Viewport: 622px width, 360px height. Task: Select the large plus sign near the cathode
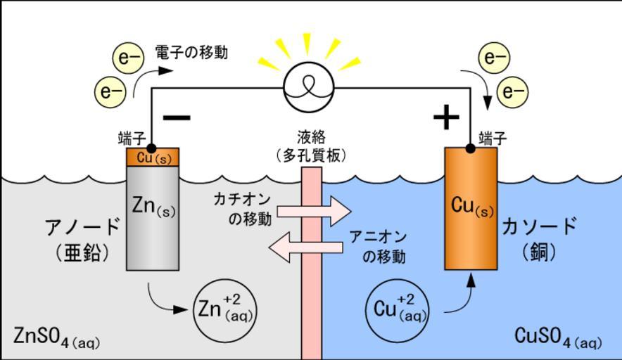pyautogui.click(x=445, y=117)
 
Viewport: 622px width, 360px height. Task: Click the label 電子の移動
pyautogui.click(x=191, y=53)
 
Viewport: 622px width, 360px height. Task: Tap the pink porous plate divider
pyautogui.click(x=311, y=281)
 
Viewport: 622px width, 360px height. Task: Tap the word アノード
pyautogui.click(x=82, y=229)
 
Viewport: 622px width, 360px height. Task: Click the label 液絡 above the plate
pyautogui.click(x=311, y=138)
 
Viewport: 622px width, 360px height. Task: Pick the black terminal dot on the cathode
pyautogui.click(x=471, y=148)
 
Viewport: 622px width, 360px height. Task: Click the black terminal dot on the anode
pyautogui.click(x=151, y=148)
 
